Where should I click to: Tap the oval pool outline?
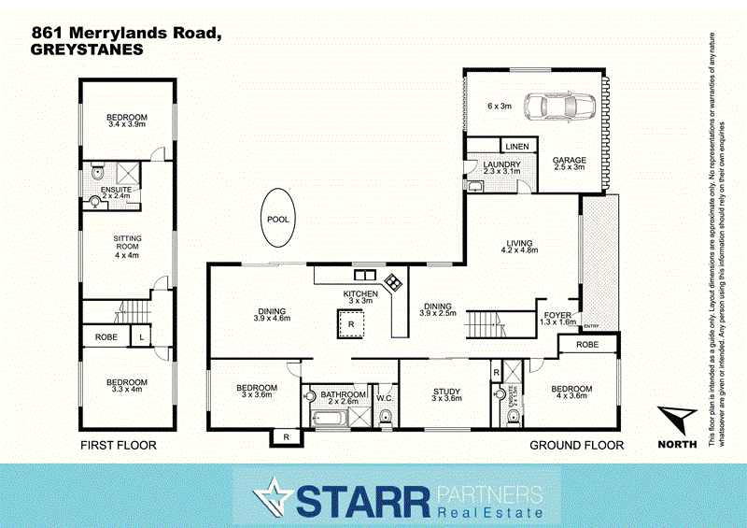(x=278, y=219)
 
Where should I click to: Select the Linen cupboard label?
(x=516, y=147)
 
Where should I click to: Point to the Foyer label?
(x=557, y=314)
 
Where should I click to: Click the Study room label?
(x=447, y=392)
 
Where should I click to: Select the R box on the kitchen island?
(x=350, y=325)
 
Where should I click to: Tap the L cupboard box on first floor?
(x=141, y=335)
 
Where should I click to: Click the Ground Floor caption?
(x=576, y=446)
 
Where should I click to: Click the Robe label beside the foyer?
(x=588, y=344)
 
